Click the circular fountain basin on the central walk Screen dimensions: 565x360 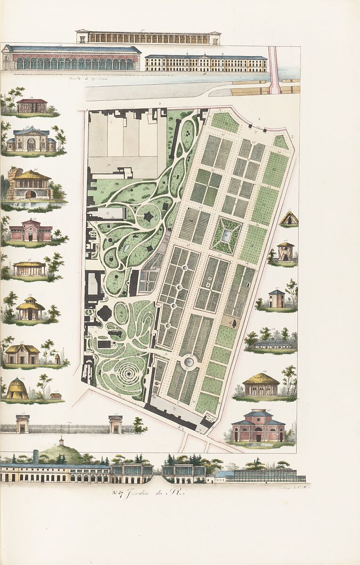click(x=189, y=362)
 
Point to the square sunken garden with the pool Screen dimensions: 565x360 click(x=226, y=235)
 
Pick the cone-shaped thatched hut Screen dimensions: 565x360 click(x=17, y=389)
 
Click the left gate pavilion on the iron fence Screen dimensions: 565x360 click(x=22, y=423)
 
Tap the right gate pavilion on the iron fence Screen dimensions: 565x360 click(x=115, y=423)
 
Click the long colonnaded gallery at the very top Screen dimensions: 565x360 click(x=148, y=37)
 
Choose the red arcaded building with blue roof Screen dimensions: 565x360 click(x=72, y=58)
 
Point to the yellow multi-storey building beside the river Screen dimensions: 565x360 click(x=206, y=63)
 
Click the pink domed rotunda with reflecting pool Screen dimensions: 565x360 click(x=258, y=426)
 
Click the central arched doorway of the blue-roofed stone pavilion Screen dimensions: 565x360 click(x=31, y=144)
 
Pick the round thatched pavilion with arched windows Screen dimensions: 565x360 click(x=261, y=385)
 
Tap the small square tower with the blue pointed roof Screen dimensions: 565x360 click(x=277, y=299)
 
